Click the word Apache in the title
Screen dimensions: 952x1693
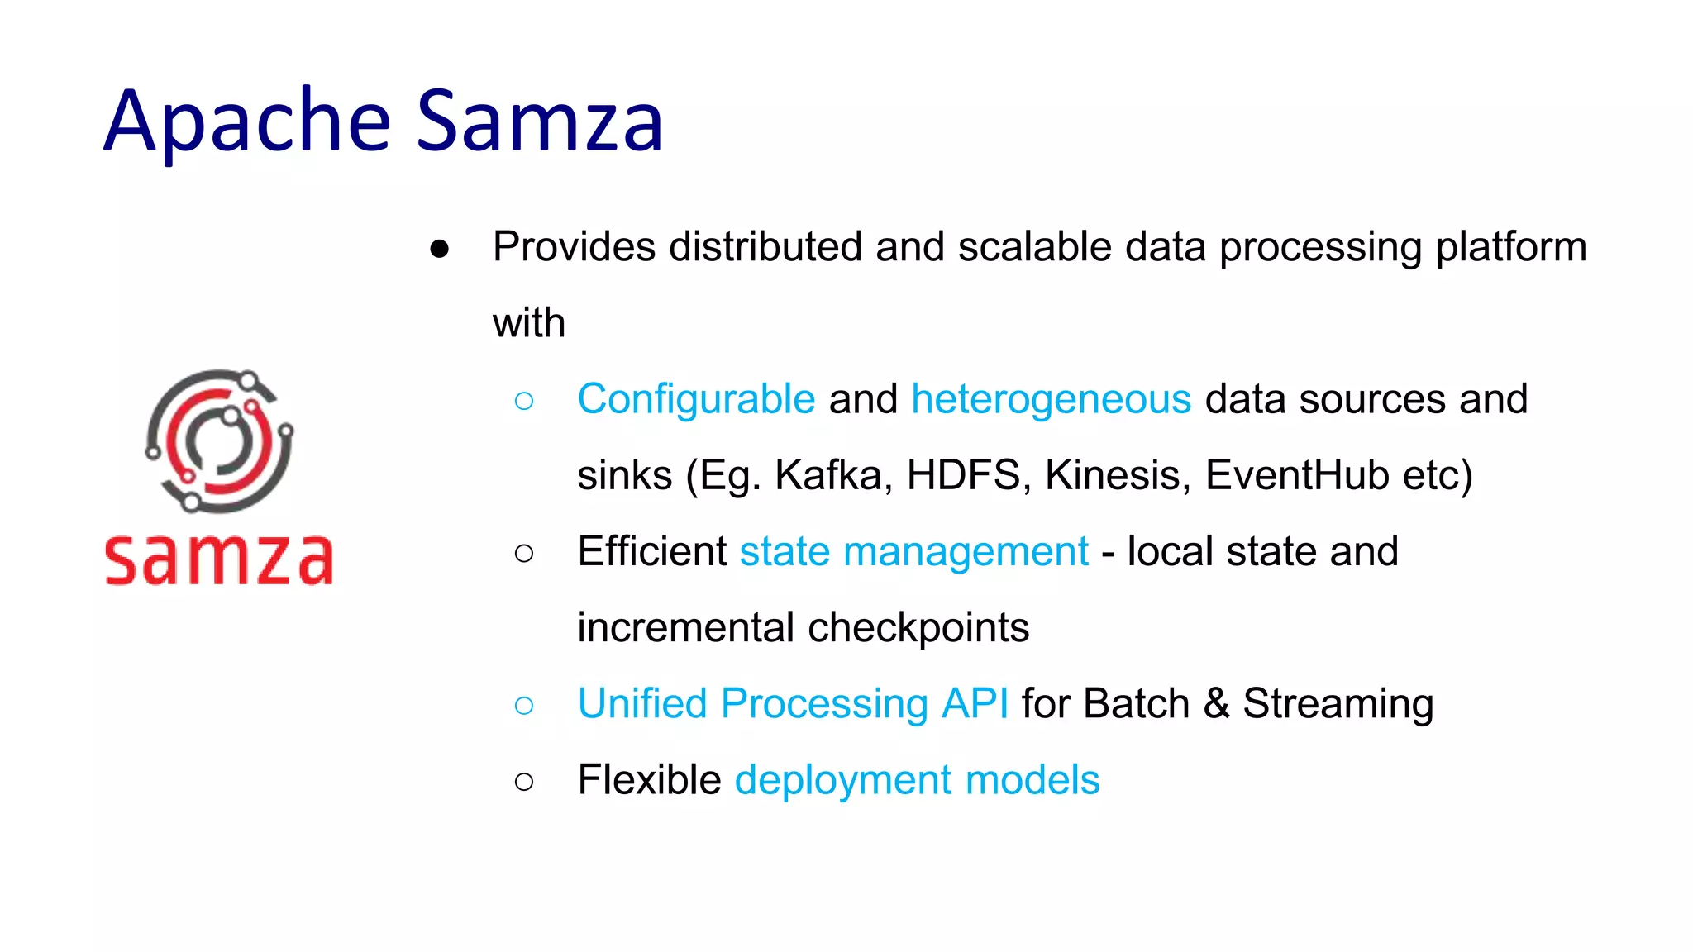pos(246,122)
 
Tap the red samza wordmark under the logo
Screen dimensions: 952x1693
pos(219,560)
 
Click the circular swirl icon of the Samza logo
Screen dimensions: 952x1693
pos(219,440)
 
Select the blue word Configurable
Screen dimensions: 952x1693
pos(696,399)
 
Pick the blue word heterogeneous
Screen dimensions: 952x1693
pos(1051,399)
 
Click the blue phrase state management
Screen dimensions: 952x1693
pos(913,552)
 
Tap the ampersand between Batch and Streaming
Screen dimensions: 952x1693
pos(1215,704)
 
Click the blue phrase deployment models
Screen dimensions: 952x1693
pos(917,780)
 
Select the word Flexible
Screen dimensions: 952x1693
pos(649,780)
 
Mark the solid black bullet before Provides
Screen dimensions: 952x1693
pos(439,249)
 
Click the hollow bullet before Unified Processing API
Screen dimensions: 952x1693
pos(523,705)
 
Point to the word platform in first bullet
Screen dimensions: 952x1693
pos(1510,247)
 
